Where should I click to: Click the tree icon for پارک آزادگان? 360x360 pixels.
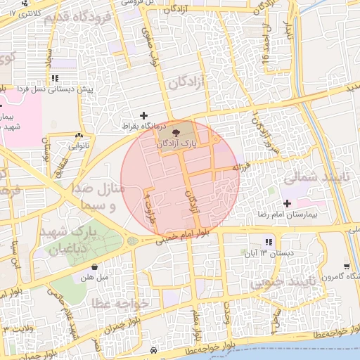(175, 130)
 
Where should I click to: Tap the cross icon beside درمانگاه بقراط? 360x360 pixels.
(144, 115)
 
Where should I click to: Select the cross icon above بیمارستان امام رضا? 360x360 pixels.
(287, 202)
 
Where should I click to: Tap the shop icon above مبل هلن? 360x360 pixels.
(95, 266)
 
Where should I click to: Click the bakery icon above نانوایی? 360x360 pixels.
(78, 136)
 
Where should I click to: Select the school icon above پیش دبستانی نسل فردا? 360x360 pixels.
(55, 78)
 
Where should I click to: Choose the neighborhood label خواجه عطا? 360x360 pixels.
(121, 303)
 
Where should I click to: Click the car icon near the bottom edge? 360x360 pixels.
(153, 350)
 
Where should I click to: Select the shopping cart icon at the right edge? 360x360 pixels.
(347, 266)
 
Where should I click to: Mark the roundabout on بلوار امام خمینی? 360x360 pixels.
(133, 242)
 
